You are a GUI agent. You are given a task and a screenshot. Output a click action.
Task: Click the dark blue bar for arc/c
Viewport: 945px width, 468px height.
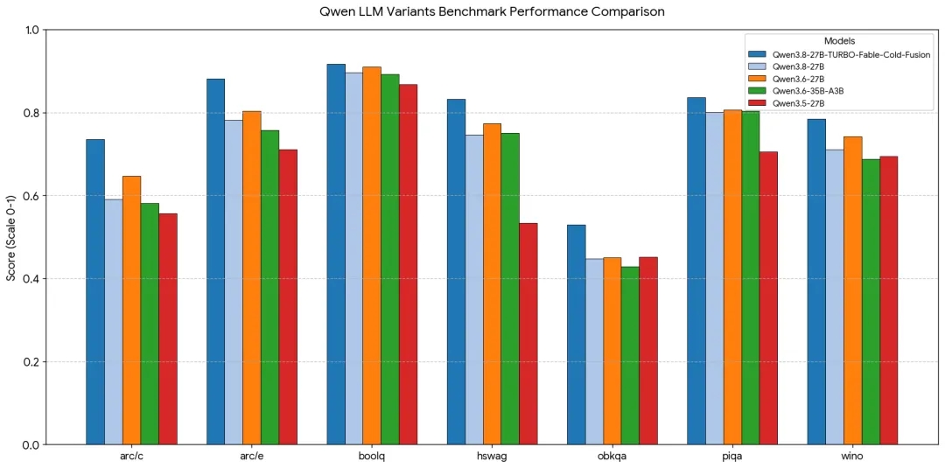click(95, 292)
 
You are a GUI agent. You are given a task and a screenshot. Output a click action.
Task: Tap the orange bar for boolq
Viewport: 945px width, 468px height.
click(372, 256)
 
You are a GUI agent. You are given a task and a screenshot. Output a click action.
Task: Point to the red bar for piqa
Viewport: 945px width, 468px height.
click(768, 298)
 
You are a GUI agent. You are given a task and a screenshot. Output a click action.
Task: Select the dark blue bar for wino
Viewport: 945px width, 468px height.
click(817, 282)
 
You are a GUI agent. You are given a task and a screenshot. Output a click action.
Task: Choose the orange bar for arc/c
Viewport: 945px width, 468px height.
click(131, 311)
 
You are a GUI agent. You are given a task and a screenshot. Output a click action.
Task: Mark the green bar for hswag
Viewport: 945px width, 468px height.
click(510, 290)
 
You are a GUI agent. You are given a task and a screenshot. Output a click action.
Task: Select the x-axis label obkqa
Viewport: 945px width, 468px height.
click(612, 456)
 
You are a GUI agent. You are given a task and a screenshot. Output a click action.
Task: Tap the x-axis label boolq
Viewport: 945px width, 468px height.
click(372, 456)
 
